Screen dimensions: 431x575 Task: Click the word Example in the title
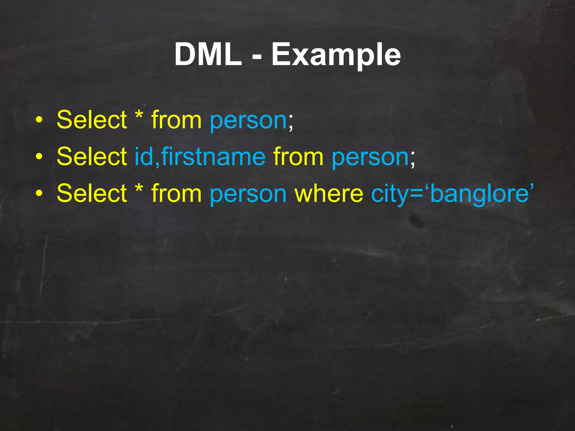coord(336,55)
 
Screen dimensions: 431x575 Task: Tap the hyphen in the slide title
coord(257,56)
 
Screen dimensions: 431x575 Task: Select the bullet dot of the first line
coord(39,120)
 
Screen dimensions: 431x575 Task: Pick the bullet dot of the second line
coord(39,157)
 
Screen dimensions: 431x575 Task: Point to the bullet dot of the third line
coord(39,193)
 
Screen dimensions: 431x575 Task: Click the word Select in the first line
coord(92,120)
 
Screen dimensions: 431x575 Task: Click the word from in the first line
coord(176,120)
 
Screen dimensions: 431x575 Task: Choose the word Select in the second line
coord(92,156)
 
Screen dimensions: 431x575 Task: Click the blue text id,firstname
coord(200,156)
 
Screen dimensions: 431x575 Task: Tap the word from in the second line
coord(298,156)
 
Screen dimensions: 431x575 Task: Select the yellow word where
coord(329,193)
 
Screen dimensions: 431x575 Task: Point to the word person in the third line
coord(248,194)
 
